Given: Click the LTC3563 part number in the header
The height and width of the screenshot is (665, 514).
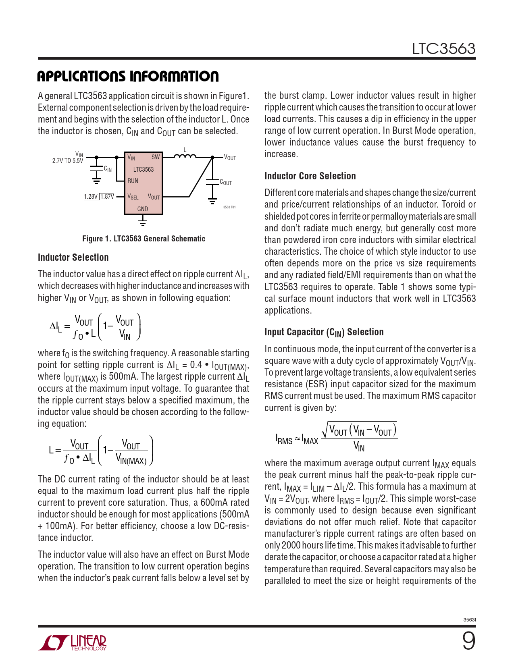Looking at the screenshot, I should point(443,49).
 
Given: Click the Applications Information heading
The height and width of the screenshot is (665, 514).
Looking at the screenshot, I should point(128,76).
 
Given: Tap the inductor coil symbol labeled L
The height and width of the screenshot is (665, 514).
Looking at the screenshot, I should point(185,156).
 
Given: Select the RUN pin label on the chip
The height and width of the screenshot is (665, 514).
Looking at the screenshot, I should point(133,181).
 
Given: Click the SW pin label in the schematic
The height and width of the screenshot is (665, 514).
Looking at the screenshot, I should point(156,157).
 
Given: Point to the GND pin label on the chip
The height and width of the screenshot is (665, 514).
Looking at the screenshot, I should point(143,209).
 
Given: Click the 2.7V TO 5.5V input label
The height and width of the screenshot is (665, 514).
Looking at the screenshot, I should point(67,160).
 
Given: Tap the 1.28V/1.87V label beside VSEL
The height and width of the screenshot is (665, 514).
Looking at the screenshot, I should point(99,197).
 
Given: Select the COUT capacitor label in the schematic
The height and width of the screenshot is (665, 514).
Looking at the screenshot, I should point(226,183).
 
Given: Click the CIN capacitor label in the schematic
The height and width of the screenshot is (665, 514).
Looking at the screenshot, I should point(108,169).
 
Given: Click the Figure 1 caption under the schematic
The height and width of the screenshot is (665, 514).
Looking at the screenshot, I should point(144,239).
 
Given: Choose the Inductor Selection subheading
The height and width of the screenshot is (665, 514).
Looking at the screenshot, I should point(73,258).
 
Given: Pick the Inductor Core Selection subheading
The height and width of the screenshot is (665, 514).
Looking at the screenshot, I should point(310,176).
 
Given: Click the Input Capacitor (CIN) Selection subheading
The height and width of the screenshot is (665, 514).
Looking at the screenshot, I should point(324,332).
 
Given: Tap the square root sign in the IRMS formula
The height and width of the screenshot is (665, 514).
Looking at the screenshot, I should point(325,430).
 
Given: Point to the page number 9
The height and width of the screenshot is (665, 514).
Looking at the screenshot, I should point(468,641).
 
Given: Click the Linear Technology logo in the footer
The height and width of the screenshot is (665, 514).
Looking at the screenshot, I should point(73,642).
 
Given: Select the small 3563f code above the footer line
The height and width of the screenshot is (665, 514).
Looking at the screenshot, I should point(470,619).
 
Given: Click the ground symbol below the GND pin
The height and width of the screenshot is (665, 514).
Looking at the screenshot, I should point(142,221).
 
